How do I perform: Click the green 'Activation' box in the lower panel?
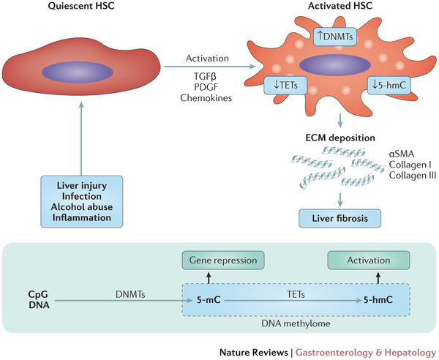pos(359,260)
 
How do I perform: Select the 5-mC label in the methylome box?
pos(205,299)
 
